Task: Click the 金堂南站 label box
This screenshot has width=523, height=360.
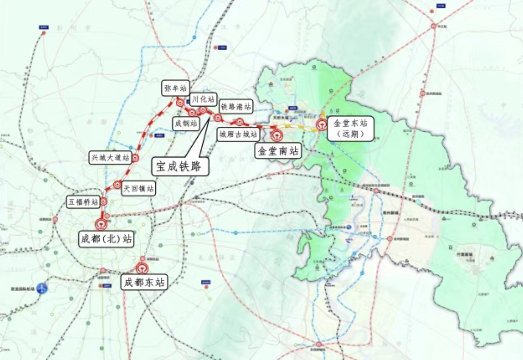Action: pos(278,150)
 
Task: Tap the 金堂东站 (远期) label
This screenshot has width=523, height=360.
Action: pos(350,128)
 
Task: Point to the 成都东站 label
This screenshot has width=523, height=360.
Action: pos(144,282)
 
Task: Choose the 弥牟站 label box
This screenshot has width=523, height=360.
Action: pos(175,88)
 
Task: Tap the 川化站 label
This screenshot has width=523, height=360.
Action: pos(203,99)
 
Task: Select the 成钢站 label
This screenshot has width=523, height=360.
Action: pos(186,124)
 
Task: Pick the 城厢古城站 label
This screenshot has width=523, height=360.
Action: pos(238,135)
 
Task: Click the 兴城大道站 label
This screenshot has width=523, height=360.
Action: pos(110,158)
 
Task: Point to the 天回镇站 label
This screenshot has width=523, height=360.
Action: pos(138,189)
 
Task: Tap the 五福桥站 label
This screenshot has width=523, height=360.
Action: pos(83,202)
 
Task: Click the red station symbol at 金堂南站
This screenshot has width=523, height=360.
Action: pos(277,136)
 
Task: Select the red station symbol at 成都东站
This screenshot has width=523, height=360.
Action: pos(142,268)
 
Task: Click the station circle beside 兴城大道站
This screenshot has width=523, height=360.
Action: pos(135,158)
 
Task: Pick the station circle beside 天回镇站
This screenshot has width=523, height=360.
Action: pos(117,184)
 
